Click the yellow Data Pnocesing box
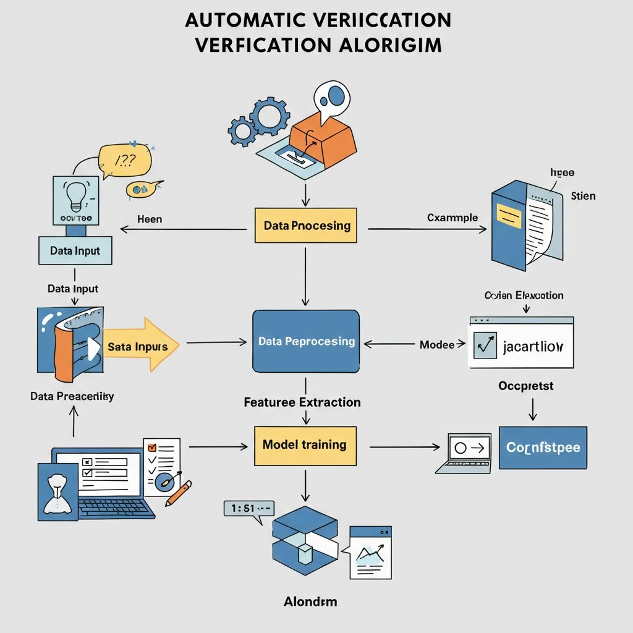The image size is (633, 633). pos(306,226)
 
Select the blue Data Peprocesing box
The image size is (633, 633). pos(306,341)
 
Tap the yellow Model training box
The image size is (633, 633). pos(305,445)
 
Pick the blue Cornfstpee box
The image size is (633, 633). pos(543,448)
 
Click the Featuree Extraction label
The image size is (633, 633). pos(302,402)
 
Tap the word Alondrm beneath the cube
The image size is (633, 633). pos(310,601)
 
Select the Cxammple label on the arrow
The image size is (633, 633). pos(452,218)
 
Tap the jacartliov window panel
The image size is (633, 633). pos(521,344)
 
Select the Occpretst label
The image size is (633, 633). pos(525,386)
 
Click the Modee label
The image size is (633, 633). pos(437,345)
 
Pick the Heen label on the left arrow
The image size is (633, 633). pos(150,219)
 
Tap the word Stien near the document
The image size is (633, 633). pos(583,196)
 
